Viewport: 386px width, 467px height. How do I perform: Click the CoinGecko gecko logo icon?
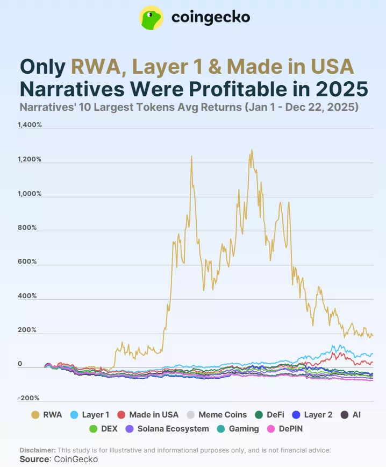coord(152,18)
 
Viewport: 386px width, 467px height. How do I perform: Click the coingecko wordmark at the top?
coord(210,18)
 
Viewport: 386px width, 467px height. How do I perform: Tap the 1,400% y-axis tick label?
coord(30,125)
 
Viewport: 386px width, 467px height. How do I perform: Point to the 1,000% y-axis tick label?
coord(30,193)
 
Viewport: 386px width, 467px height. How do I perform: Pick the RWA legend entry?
coord(46,415)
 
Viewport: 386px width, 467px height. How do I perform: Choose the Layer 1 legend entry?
coord(90,415)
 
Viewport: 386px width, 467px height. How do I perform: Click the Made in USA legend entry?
coord(148,415)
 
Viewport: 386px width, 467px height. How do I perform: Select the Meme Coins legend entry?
coord(216,415)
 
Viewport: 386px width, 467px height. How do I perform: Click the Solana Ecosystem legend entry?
coord(167,429)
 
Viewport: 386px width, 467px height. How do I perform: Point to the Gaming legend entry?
coord(238,429)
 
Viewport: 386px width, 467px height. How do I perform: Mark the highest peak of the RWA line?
coord(251,151)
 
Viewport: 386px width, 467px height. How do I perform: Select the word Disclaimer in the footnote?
coord(37,450)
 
